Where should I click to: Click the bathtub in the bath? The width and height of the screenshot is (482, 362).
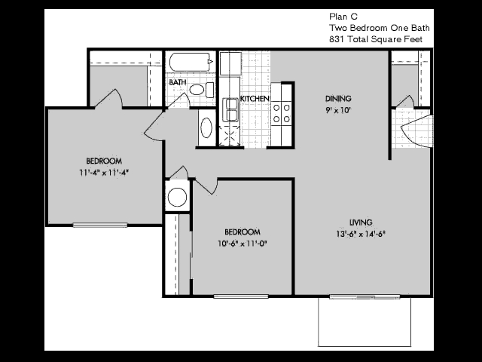[191, 63]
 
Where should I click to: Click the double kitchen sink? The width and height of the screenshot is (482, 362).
[230, 109]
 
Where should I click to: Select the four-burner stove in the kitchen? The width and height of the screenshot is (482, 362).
[282, 113]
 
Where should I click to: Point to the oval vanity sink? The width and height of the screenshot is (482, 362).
[206, 127]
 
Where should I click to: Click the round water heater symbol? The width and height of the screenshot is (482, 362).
[177, 197]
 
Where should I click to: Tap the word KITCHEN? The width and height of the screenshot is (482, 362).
[255, 99]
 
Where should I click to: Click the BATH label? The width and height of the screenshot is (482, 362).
[178, 82]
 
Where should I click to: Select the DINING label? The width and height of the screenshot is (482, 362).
[338, 99]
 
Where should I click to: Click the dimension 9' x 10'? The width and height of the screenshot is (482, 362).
[338, 110]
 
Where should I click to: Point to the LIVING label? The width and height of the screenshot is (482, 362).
[361, 222]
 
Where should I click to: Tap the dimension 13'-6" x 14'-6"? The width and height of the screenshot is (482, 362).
[361, 234]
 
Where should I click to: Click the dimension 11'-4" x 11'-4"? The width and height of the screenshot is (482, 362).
[104, 173]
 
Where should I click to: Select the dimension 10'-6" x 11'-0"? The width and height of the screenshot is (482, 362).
[243, 244]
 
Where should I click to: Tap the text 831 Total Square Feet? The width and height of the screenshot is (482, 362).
[376, 39]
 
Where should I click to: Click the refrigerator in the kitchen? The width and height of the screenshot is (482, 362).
[230, 63]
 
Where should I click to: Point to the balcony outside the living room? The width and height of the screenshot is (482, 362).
[365, 322]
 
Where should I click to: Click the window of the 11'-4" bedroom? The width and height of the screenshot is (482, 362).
[100, 225]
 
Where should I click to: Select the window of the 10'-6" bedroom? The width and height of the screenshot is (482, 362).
[241, 296]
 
